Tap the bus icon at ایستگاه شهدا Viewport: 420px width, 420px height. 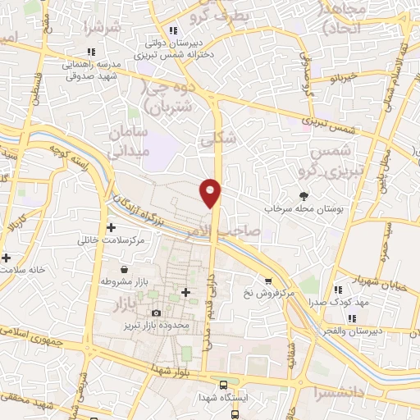[x=222, y=385]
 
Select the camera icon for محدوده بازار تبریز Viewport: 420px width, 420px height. [x=157, y=313]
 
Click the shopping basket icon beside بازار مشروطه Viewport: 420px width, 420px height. [x=123, y=269]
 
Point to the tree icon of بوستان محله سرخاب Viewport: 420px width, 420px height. [x=305, y=195]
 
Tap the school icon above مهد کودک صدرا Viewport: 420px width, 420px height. [x=337, y=290]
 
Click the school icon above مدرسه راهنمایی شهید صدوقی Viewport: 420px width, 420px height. [x=92, y=52]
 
